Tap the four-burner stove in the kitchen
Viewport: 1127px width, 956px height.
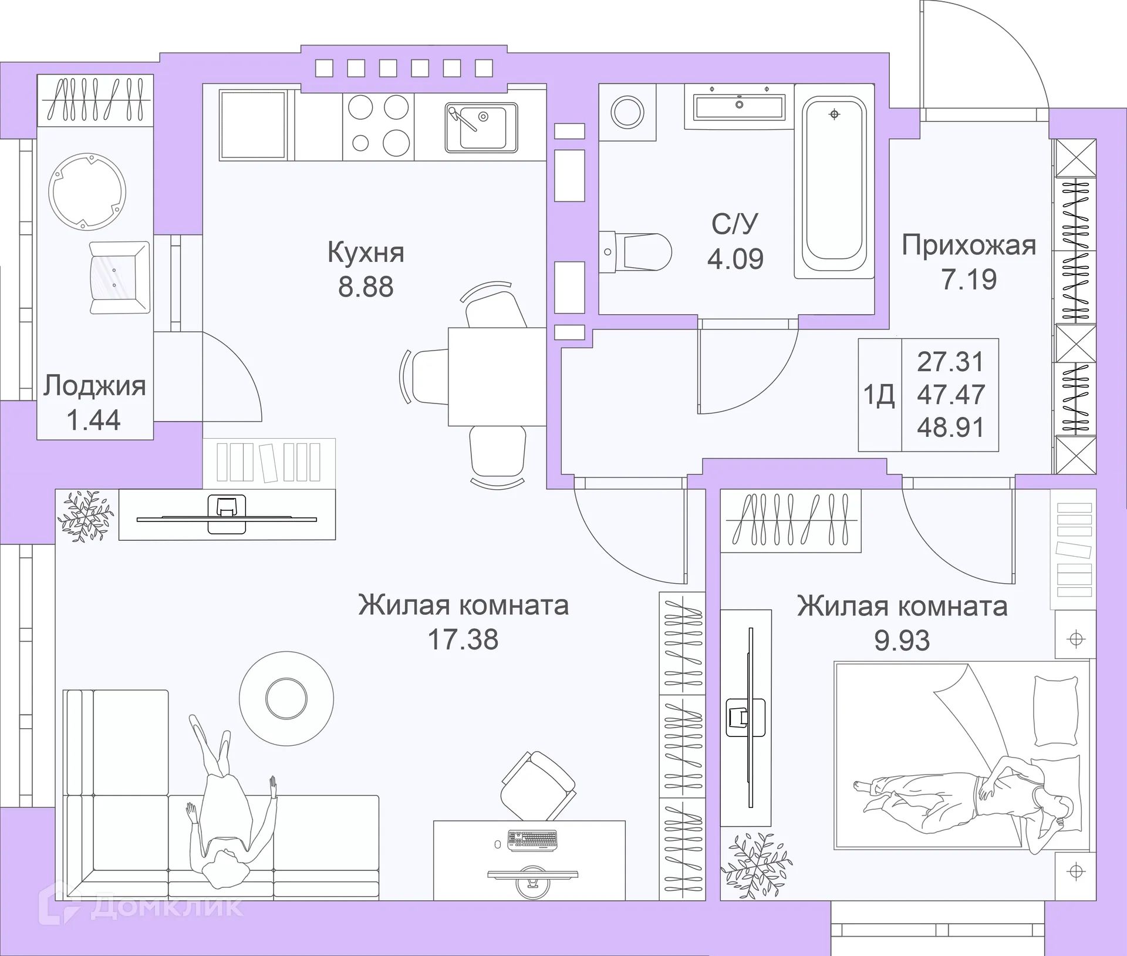[378, 125]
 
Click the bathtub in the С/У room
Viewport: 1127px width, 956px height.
[834, 188]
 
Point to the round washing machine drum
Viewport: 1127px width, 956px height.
[627, 111]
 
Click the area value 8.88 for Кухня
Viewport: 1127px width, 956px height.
[366, 287]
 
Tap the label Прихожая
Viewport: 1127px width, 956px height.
[969, 245]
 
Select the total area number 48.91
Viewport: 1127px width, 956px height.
[950, 427]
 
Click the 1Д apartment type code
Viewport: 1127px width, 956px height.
[879, 395]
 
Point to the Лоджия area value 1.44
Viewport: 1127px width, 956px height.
[94, 420]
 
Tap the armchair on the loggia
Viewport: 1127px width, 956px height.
[120, 278]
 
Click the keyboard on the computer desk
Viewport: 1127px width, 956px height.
[532, 840]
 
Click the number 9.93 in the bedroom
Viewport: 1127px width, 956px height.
[902, 640]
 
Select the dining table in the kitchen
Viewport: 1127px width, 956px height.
[497, 376]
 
